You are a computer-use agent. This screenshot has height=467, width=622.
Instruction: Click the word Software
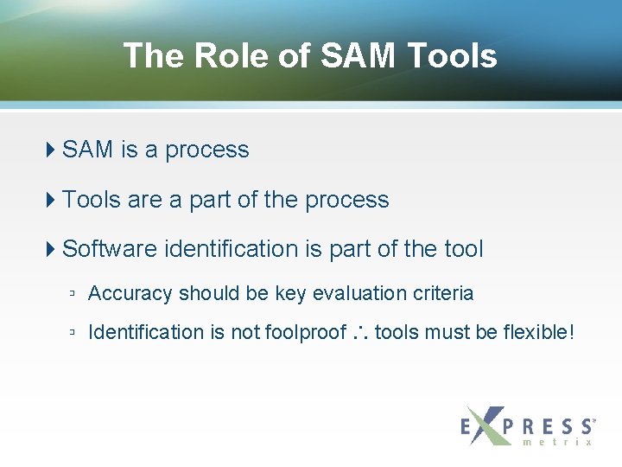point(110,249)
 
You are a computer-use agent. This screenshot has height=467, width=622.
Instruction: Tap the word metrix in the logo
point(558,442)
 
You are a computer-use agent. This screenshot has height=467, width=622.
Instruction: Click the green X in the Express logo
point(487,425)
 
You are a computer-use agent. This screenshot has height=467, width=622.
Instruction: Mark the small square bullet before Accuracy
point(73,294)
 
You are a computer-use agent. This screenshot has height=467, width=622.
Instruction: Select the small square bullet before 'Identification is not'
point(73,333)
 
